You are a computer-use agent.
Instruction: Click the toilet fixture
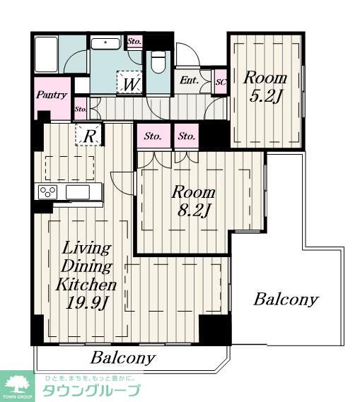pos(158,63)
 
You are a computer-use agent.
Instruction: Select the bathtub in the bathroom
pos(46,54)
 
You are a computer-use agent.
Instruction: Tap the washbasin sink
pos(105,44)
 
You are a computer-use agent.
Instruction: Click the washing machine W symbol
pos(129,83)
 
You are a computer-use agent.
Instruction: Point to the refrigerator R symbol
pos(88,136)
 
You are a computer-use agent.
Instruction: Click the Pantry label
pos(52,95)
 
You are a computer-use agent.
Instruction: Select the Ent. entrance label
pos(189,81)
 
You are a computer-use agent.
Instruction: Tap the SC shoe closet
pos(221,82)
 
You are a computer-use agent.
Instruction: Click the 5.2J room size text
pos(266,97)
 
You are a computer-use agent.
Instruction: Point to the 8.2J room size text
pos(194,211)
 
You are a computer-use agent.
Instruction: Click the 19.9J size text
pos(86,303)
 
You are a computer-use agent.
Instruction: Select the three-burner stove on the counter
pos(47,192)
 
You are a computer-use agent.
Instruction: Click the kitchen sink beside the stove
pos(78,192)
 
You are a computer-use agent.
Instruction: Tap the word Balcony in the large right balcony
pos(286,300)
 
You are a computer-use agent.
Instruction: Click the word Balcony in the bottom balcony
pos(123,357)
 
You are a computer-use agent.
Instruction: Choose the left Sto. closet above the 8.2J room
pos(153,136)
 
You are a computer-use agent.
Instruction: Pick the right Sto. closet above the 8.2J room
pos(187,136)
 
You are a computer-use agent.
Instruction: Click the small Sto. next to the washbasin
pos(134,41)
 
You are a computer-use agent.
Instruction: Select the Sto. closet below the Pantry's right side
pos(81,109)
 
